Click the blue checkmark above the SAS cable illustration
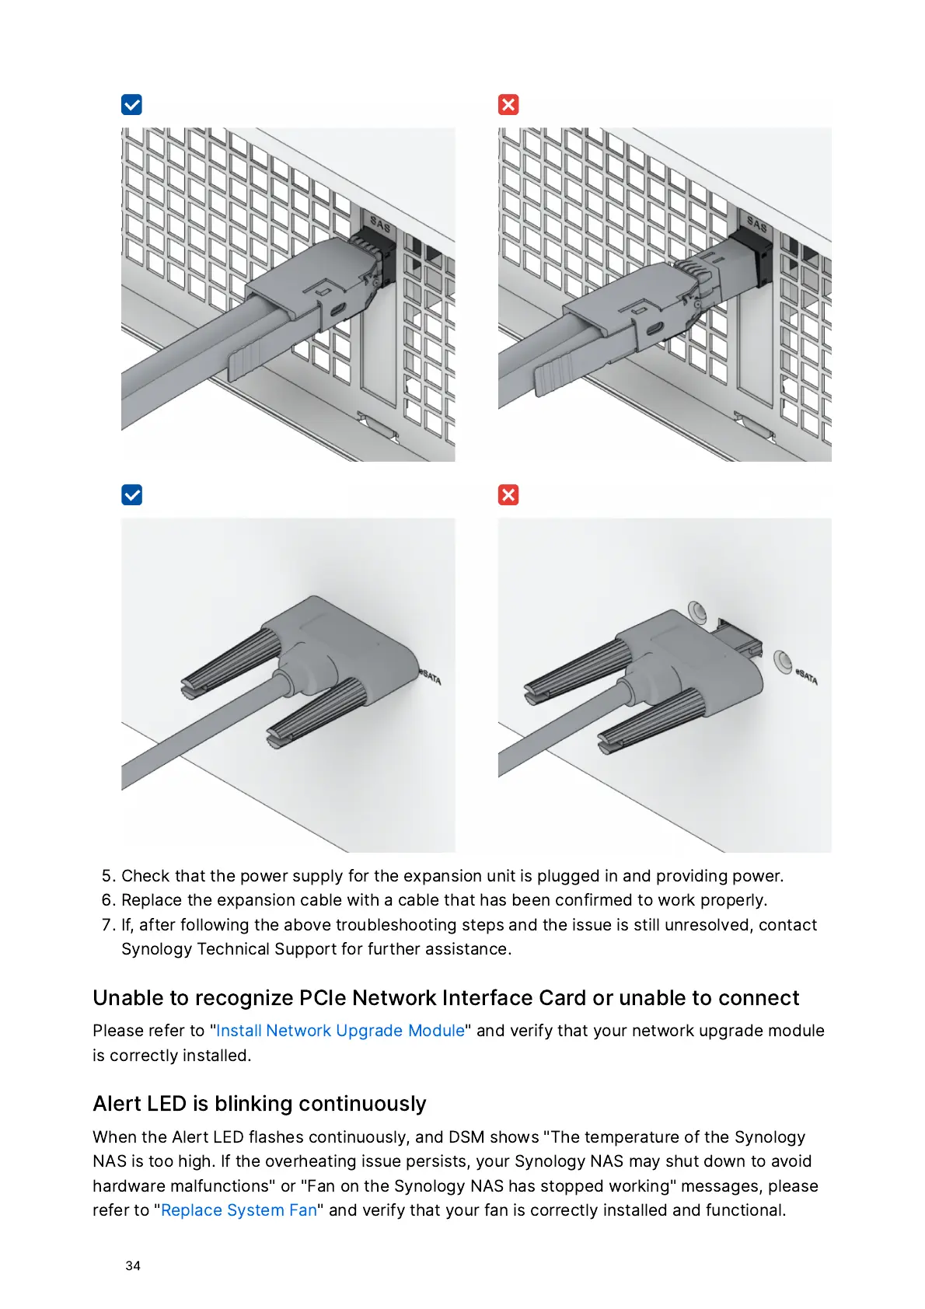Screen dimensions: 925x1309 [131, 105]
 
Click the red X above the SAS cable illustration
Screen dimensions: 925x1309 [508, 105]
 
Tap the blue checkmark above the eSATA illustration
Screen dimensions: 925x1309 [131, 495]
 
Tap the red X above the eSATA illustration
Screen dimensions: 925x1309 [508, 495]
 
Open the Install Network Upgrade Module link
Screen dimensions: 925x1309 [340, 1030]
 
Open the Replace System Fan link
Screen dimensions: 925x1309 [239, 1210]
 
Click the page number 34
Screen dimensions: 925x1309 [133, 1265]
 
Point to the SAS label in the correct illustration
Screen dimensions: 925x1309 [380, 223]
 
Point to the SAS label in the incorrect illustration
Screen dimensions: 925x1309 [756, 223]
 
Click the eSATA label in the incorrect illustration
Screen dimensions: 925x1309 [806, 677]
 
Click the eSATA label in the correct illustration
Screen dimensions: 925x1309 [430, 677]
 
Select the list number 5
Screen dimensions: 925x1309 [108, 876]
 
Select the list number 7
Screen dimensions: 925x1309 [108, 925]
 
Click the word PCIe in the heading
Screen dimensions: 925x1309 [323, 997]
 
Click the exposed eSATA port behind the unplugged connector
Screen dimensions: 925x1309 [740, 637]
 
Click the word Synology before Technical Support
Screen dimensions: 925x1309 [156, 949]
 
